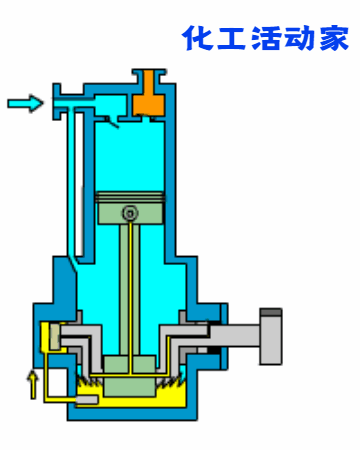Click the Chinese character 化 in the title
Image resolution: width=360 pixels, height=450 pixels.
198,38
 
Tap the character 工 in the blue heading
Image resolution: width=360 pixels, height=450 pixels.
232,38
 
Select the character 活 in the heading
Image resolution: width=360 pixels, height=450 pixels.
266,38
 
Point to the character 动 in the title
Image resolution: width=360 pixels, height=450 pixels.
299,38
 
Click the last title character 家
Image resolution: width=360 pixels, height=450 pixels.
333,38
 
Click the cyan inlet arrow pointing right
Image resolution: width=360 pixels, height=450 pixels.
25,103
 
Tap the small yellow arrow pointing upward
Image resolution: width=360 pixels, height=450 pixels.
33,385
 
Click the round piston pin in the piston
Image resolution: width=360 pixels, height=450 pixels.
130,213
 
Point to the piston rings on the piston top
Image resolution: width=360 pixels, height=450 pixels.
130,197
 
